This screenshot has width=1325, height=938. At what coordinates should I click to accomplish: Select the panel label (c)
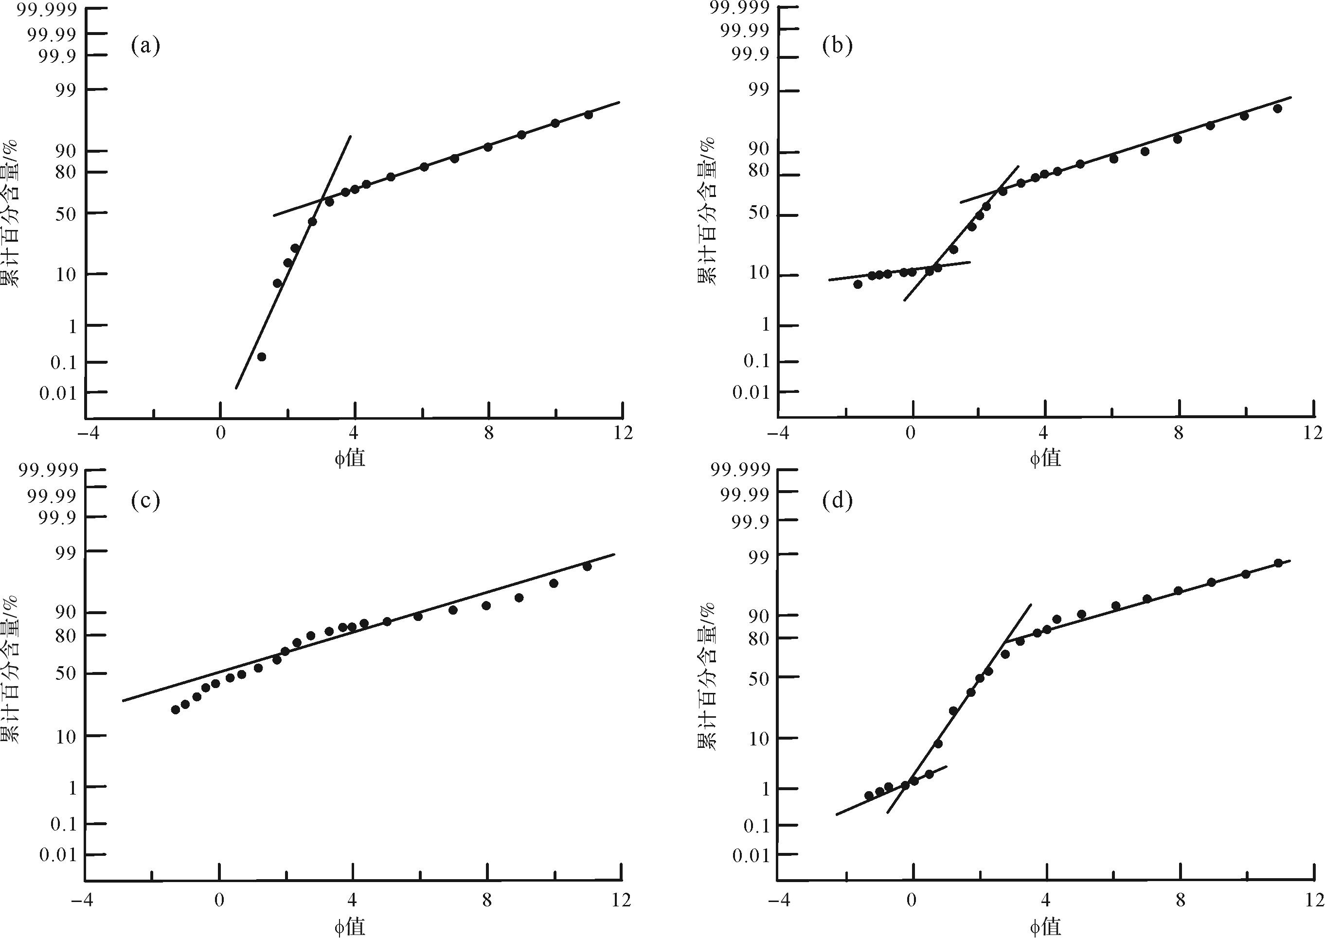pyautogui.click(x=145, y=501)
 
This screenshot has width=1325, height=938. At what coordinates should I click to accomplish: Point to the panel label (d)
pyautogui.click(x=837, y=501)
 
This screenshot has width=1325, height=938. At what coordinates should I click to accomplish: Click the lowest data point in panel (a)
pyautogui.click(x=261, y=357)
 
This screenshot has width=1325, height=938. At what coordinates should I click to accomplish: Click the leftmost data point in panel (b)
pyautogui.click(x=858, y=284)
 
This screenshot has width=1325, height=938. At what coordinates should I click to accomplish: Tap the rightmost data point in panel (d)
pyautogui.click(x=1278, y=563)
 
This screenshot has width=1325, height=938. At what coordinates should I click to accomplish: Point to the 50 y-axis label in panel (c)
pyautogui.click(x=64, y=674)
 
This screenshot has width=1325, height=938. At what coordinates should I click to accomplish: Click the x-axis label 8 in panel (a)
pyautogui.click(x=489, y=433)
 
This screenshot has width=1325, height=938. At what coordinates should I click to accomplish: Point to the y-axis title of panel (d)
pyautogui.click(x=707, y=676)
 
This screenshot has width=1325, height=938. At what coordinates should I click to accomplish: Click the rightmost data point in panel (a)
pyautogui.click(x=589, y=114)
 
